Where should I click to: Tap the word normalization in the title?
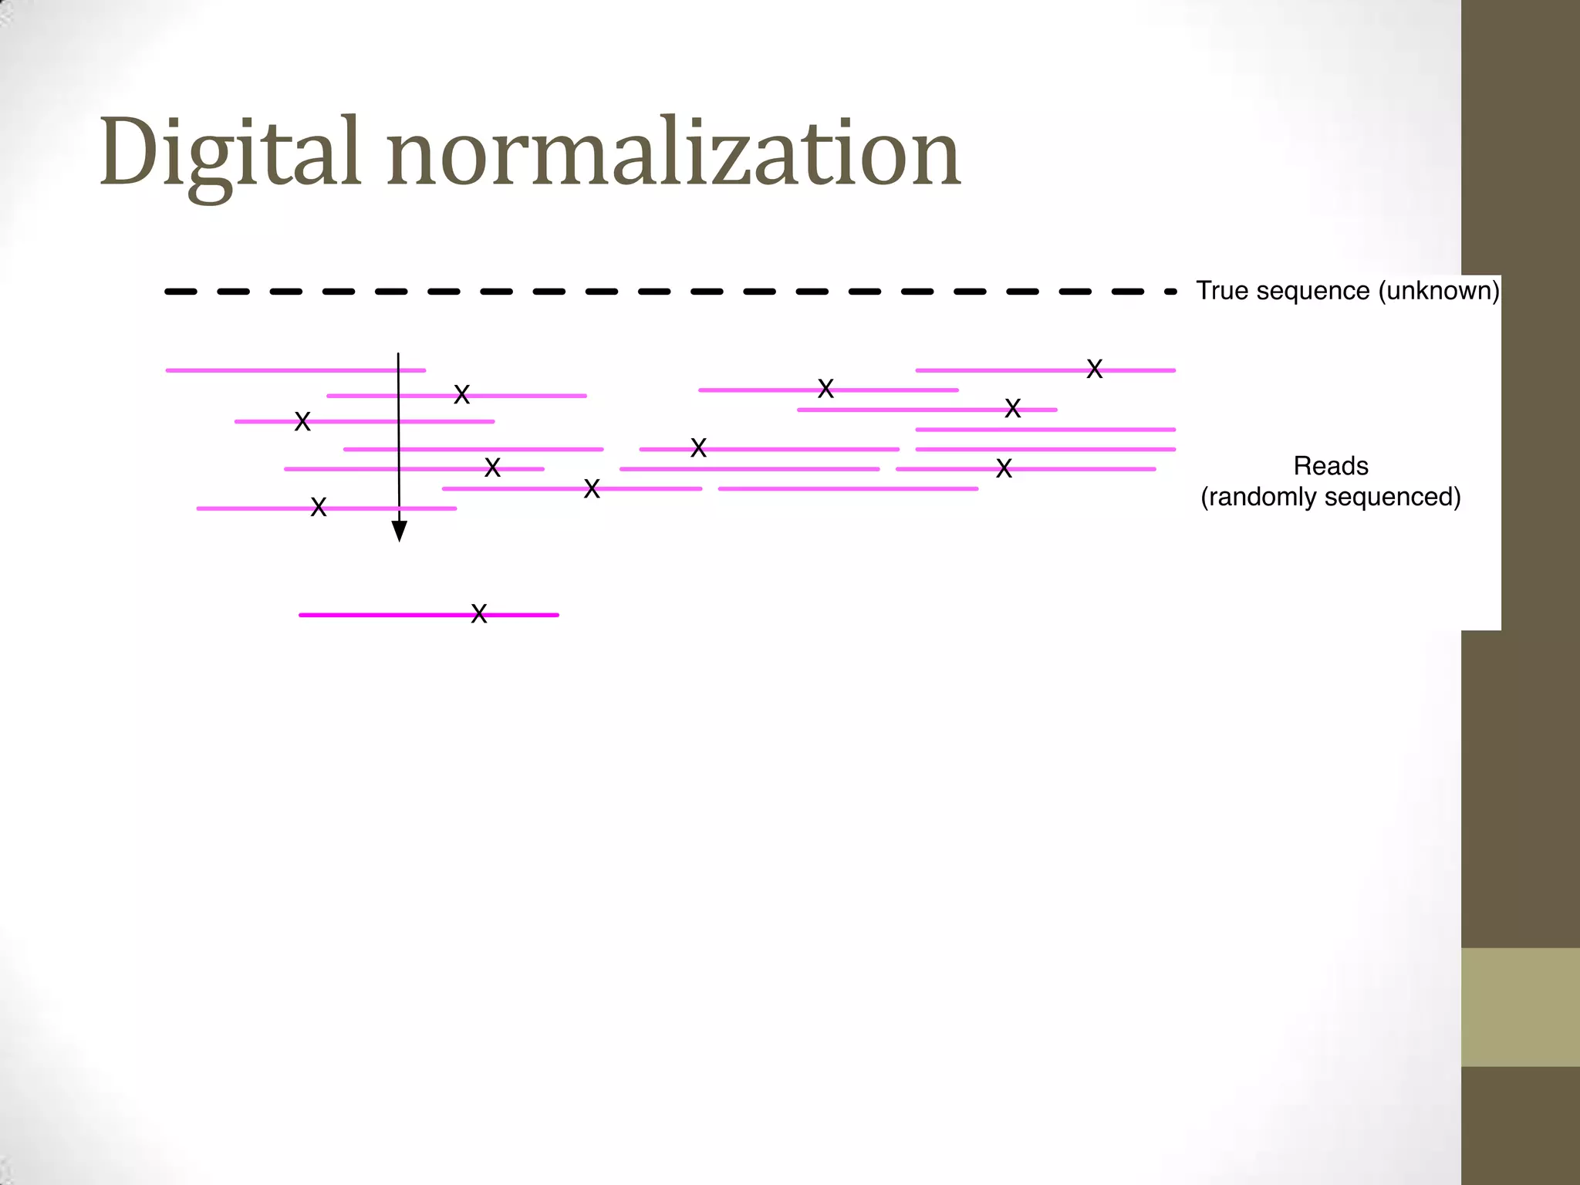coord(674,153)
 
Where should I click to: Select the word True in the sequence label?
coord(1221,291)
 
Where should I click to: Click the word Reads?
coord(1330,466)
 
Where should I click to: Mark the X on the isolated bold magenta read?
coord(479,614)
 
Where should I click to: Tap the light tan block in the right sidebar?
coord(1520,1007)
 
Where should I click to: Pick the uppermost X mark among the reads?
coord(1094,369)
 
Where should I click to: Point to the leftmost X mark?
coord(302,421)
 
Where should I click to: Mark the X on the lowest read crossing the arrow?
coord(319,507)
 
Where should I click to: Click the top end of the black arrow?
coord(398,355)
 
